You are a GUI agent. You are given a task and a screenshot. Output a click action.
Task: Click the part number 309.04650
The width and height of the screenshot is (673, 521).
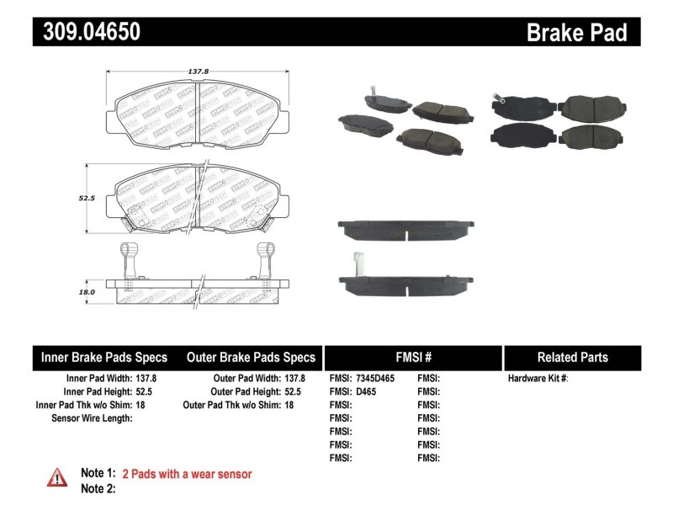tap(87, 33)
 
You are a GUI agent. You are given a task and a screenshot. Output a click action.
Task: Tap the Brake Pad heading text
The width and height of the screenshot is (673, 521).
tap(576, 33)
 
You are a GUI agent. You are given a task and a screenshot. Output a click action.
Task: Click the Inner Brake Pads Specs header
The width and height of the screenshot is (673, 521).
tap(104, 357)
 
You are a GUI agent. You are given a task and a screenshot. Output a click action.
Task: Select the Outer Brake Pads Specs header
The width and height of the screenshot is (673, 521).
tap(250, 357)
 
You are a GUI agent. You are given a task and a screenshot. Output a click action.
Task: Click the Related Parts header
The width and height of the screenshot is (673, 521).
tap(572, 357)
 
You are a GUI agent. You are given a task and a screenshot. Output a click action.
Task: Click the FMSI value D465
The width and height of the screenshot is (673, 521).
tap(366, 391)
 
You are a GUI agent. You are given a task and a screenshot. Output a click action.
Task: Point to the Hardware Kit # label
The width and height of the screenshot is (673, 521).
tap(538, 379)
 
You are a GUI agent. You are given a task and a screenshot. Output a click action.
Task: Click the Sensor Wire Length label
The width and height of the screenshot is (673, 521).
tap(92, 417)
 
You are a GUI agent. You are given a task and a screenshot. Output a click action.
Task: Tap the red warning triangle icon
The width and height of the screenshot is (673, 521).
tap(57, 477)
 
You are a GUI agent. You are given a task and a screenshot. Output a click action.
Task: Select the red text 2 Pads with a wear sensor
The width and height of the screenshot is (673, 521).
tap(187, 474)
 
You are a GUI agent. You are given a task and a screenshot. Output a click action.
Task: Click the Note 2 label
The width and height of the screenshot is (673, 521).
tap(98, 488)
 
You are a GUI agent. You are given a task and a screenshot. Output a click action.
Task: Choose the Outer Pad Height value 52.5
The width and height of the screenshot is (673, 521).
tap(294, 391)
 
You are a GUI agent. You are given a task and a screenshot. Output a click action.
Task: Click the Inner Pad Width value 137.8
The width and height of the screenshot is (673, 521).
tap(146, 379)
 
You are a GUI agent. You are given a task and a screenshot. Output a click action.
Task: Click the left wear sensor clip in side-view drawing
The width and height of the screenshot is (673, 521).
tap(128, 258)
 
